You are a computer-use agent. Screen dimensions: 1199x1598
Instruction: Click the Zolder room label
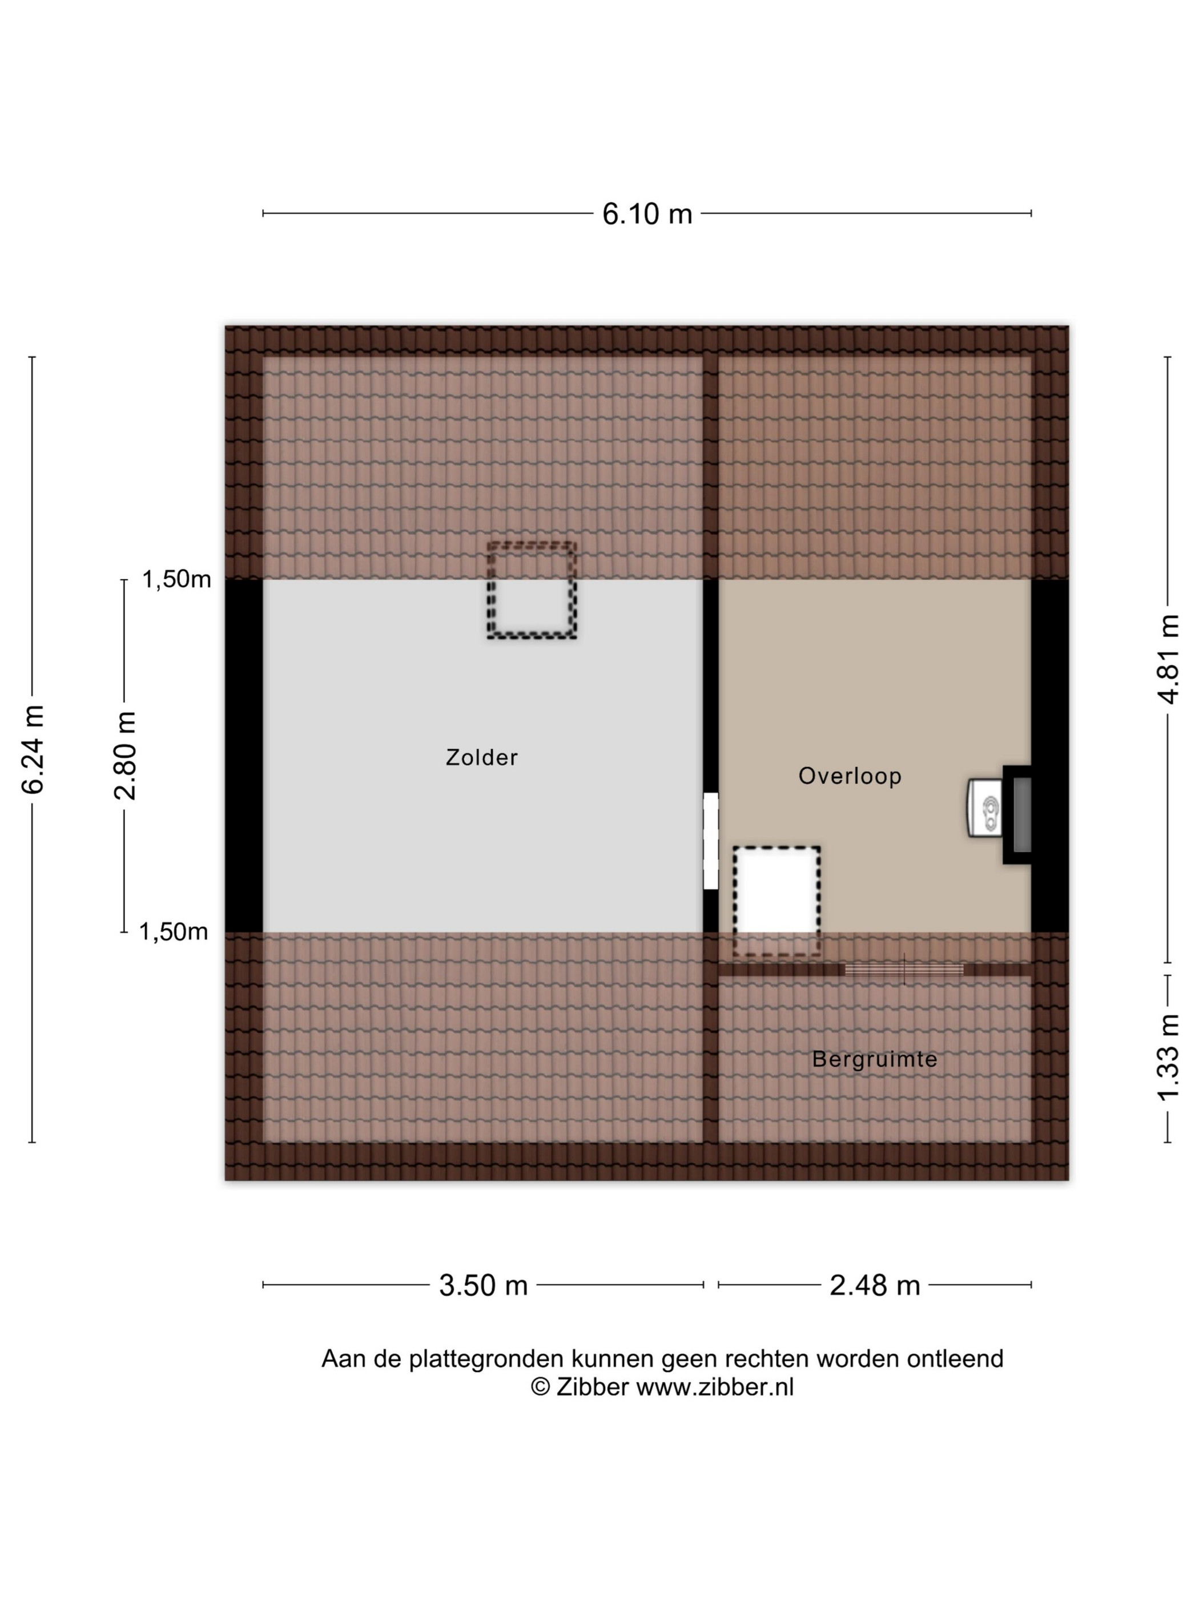(481, 757)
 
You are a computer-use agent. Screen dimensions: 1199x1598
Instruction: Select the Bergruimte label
(875, 1059)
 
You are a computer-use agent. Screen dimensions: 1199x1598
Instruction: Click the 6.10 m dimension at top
(647, 214)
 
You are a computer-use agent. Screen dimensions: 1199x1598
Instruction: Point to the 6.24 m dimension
(33, 750)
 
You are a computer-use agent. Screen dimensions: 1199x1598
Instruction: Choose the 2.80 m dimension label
(125, 756)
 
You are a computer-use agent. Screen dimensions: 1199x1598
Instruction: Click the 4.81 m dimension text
(1168, 659)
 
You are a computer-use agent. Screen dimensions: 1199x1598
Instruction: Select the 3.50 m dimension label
(484, 1285)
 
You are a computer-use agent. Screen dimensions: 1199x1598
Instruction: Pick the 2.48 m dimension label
(875, 1285)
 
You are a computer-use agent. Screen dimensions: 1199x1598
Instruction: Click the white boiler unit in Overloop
(984, 808)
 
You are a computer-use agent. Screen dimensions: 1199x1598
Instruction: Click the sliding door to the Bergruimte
(904, 970)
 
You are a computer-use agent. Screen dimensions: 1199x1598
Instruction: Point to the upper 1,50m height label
(176, 579)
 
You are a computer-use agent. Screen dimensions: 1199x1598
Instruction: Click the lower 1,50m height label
(174, 932)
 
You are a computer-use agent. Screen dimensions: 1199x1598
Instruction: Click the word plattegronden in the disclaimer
(486, 1359)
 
